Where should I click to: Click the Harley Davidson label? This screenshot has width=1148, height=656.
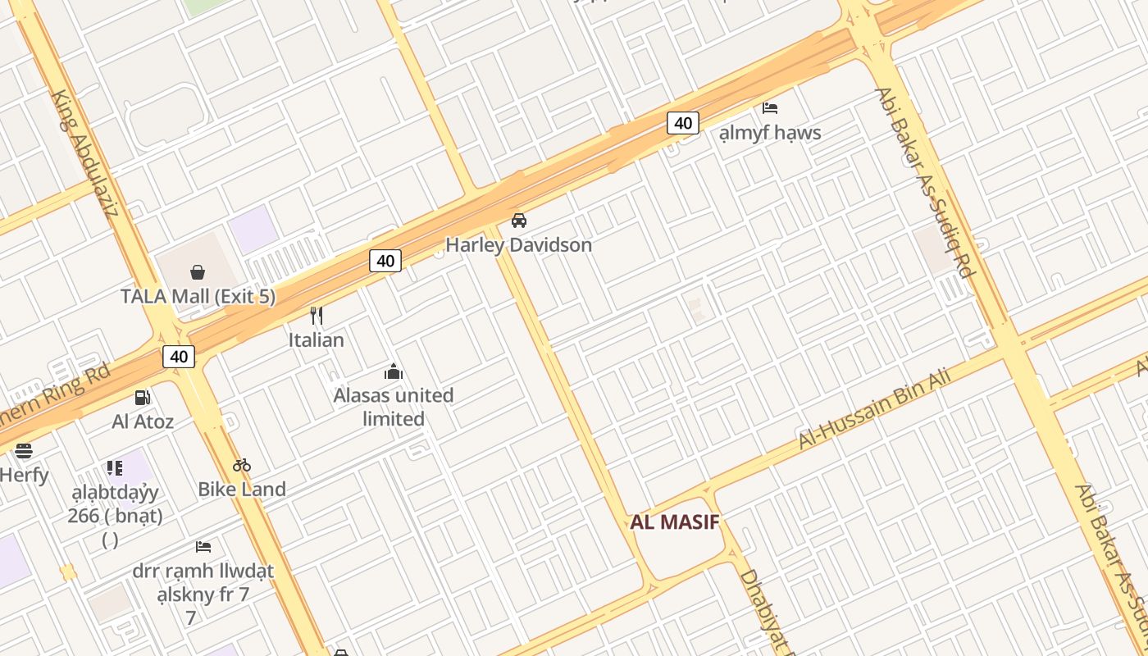tap(518, 244)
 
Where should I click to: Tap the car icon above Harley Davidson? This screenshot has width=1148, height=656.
tap(519, 221)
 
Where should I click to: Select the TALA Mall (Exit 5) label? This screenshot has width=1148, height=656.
tap(198, 296)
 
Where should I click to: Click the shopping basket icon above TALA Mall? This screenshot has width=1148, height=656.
tap(198, 271)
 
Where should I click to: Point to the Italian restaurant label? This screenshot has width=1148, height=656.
tap(316, 339)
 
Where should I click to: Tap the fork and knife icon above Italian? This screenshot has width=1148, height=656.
tap(317, 316)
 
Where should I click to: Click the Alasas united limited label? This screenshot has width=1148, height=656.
tap(394, 407)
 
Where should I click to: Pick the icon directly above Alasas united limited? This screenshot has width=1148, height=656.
tap(394, 372)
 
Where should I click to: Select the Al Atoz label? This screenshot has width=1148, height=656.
tap(143, 421)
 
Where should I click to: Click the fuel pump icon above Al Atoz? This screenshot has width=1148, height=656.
tap(143, 398)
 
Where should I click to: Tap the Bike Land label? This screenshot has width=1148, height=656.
tap(242, 490)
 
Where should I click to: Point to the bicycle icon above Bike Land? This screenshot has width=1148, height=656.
tap(241, 465)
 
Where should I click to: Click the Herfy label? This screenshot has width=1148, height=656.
tap(24, 475)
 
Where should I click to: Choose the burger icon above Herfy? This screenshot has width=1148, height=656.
tap(23, 450)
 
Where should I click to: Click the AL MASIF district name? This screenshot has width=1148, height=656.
tap(674, 522)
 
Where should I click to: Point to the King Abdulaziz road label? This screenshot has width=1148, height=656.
tap(84, 153)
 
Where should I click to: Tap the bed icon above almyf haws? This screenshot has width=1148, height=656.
tap(769, 108)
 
